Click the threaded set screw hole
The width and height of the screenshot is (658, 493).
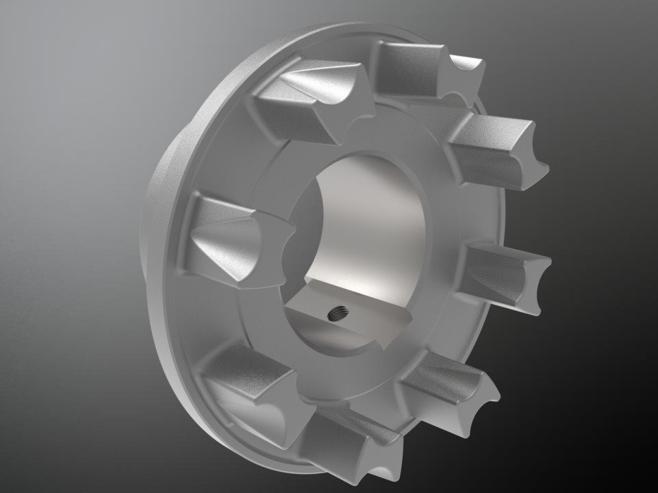(336, 315)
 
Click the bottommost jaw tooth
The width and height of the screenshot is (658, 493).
(349, 438)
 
